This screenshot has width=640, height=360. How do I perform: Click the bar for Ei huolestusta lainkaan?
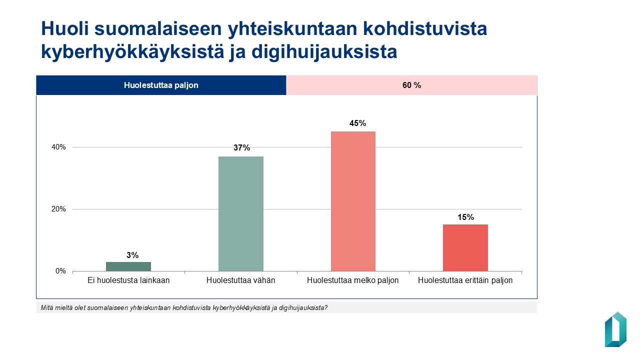click(x=128, y=266)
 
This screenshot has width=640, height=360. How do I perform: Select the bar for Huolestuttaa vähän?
click(x=241, y=214)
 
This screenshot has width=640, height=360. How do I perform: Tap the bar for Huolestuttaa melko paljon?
click(x=353, y=201)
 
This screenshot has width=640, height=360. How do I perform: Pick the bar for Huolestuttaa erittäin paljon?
click(x=465, y=248)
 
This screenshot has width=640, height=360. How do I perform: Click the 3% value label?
click(x=132, y=255)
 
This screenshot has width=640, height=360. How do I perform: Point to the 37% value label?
click(x=241, y=148)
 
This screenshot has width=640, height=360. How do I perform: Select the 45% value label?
click(x=358, y=123)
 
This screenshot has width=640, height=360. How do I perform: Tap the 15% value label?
click(x=465, y=217)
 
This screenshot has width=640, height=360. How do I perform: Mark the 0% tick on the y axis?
click(x=60, y=271)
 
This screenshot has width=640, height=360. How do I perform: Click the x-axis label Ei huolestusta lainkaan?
click(x=128, y=280)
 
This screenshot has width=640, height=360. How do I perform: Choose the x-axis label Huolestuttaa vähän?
click(x=241, y=280)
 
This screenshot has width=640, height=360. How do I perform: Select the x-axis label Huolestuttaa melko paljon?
click(x=353, y=280)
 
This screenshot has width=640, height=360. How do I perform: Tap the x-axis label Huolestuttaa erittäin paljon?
click(x=465, y=280)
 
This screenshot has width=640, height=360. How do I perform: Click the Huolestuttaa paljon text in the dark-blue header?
click(x=161, y=85)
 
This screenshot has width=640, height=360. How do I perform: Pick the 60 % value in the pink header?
click(x=411, y=85)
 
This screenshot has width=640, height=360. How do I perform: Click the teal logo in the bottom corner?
click(x=615, y=329)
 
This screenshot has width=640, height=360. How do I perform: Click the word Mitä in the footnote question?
click(x=46, y=307)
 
